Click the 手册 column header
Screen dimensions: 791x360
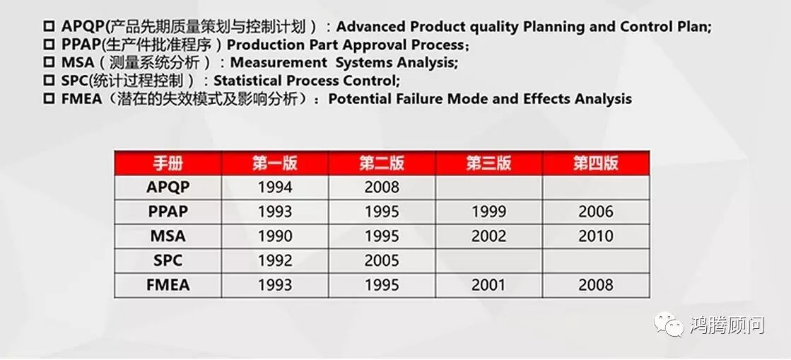[168, 163]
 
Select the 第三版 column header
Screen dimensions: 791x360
[489, 163]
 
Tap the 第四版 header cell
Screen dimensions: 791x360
[596, 163]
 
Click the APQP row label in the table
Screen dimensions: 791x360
[168, 187]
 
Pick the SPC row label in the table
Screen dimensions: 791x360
[168, 260]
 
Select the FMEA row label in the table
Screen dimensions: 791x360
[168, 285]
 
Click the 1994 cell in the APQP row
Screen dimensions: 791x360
[275, 187]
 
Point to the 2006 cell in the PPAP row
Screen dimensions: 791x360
[596, 211]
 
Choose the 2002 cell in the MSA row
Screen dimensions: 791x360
[489, 236]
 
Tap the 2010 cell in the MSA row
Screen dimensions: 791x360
[596, 236]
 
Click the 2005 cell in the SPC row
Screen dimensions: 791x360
[382, 260]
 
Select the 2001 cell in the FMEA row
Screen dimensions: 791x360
[489, 285]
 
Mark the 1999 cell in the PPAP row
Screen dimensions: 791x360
[489, 211]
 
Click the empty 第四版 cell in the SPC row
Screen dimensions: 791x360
[596, 260]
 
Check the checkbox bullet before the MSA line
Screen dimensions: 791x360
[49, 63]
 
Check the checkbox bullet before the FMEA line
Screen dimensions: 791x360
[49, 98]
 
